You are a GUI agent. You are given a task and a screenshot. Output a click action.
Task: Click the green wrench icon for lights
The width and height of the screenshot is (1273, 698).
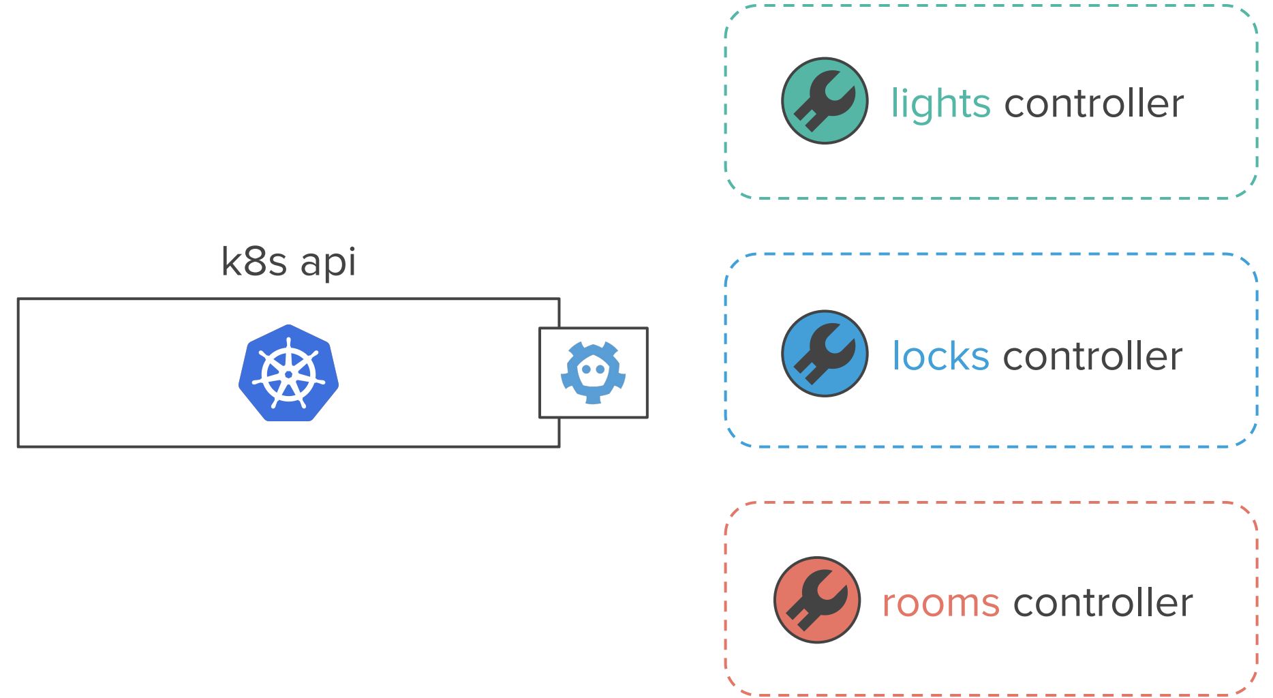(x=825, y=101)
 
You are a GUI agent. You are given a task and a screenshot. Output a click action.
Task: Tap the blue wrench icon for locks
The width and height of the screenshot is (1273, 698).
(x=825, y=354)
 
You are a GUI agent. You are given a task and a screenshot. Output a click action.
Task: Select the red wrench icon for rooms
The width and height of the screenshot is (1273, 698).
(x=817, y=600)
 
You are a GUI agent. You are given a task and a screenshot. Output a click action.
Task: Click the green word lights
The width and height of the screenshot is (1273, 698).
(x=940, y=104)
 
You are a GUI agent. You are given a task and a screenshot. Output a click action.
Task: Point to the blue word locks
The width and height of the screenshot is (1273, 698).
(x=940, y=356)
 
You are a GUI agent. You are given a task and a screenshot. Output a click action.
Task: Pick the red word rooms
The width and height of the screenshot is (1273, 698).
(x=941, y=604)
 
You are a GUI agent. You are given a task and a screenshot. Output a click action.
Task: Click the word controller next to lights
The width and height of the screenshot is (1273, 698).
(x=1094, y=103)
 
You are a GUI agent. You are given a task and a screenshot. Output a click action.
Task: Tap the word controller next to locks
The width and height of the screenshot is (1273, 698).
(x=1093, y=356)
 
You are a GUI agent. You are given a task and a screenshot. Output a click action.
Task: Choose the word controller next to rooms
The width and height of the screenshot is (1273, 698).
(x=1103, y=602)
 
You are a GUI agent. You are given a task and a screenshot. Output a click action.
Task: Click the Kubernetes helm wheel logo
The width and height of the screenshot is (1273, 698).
(x=288, y=373)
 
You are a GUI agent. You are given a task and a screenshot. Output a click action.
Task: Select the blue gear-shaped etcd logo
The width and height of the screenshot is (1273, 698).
(x=593, y=373)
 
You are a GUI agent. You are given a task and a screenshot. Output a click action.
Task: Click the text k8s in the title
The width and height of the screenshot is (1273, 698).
(x=254, y=262)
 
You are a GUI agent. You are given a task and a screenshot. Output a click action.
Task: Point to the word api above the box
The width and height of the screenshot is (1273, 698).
(x=328, y=263)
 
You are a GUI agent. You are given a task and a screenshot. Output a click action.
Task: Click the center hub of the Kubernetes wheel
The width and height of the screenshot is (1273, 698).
(x=288, y=374)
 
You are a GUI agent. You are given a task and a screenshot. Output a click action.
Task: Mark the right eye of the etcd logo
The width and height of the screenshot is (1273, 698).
(x=600, y=370)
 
